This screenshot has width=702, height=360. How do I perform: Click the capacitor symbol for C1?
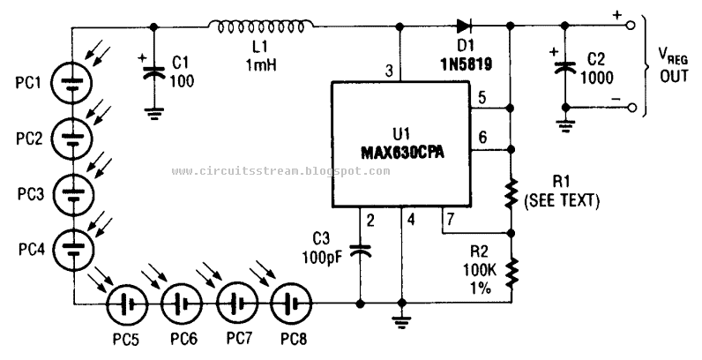click(x=154, y=71)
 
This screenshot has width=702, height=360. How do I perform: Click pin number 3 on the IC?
click(x=388, y=70)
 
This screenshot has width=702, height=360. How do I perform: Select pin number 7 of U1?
click(x=450, y=217)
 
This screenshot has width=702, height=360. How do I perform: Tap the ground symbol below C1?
click(x=154, y=112)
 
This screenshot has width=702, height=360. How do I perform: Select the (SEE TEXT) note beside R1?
click(x=561, y=201)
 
